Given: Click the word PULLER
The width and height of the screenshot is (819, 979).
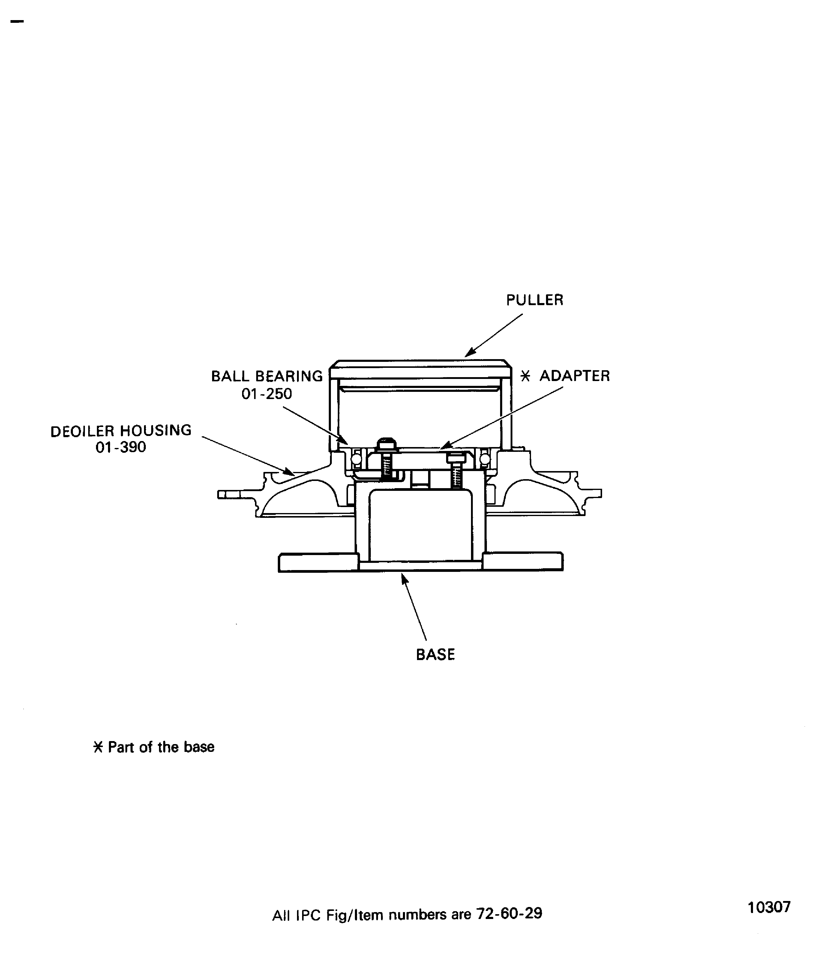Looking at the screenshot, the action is click(x=535, y=300).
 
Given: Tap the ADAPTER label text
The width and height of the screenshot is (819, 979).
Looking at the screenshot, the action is click(x=575, y=376).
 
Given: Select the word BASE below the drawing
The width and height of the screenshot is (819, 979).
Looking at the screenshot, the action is click(x=435, y=655).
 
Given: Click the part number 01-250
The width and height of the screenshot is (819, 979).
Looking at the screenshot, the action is click(x=267, y=394).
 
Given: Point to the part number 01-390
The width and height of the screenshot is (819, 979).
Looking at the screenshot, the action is click(x=121, y=447).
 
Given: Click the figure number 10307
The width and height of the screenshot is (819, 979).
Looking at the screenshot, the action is click(x=769, y=907).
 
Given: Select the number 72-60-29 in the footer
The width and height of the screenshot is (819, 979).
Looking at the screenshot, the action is click(x=509, y=913).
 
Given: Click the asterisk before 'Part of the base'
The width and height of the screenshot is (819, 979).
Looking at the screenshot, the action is click(x=98, y=747).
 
